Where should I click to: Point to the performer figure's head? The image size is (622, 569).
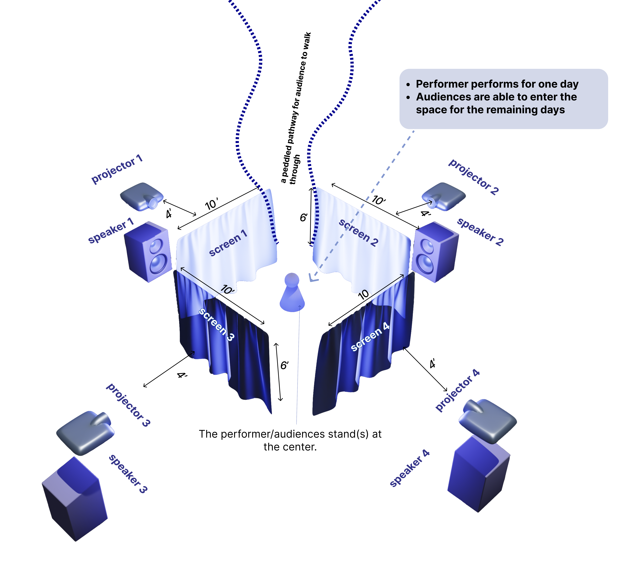tap(292, 280)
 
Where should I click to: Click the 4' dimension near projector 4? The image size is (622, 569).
tap(433, 364)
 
